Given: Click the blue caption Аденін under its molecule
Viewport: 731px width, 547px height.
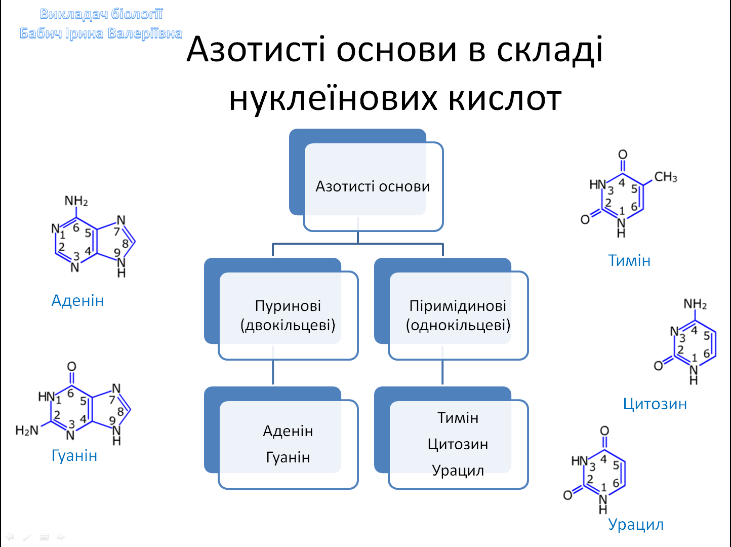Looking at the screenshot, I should tap(77, 300).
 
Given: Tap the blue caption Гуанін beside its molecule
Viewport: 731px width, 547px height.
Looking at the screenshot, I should tap(74, 455).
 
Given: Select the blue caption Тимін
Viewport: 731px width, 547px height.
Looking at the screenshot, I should tap(629, 260).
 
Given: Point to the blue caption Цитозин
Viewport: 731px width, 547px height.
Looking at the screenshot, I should tap(655, 404).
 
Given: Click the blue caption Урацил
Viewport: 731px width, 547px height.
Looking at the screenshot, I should tap(636, 524).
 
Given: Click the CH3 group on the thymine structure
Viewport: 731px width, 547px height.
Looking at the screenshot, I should tap(665, 177).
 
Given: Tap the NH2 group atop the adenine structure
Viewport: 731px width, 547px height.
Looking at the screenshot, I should tap(76, 201).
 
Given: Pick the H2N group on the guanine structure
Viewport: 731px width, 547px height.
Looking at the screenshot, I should tap(27, 431).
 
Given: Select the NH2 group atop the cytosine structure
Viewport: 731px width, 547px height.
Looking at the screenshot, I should tap(695, 304).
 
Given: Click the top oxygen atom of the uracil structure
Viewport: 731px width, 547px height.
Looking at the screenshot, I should tap(604, 431).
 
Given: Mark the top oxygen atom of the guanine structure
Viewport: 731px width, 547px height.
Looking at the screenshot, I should tap(72, 367).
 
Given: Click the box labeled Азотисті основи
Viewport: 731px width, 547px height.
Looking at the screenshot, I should tap(373, 186).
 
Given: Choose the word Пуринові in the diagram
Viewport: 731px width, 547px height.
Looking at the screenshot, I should tap(288, 306).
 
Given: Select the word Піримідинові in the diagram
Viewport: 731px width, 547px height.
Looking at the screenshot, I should tap(458, 306).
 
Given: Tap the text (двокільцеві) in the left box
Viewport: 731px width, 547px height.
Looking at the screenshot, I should tap(288, 325).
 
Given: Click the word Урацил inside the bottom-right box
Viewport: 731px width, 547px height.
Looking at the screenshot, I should tap(458, 471).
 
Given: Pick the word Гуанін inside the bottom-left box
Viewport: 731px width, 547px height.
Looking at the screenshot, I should tap(288, 457).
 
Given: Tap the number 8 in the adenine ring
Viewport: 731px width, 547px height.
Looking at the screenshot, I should tap(125, 244).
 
